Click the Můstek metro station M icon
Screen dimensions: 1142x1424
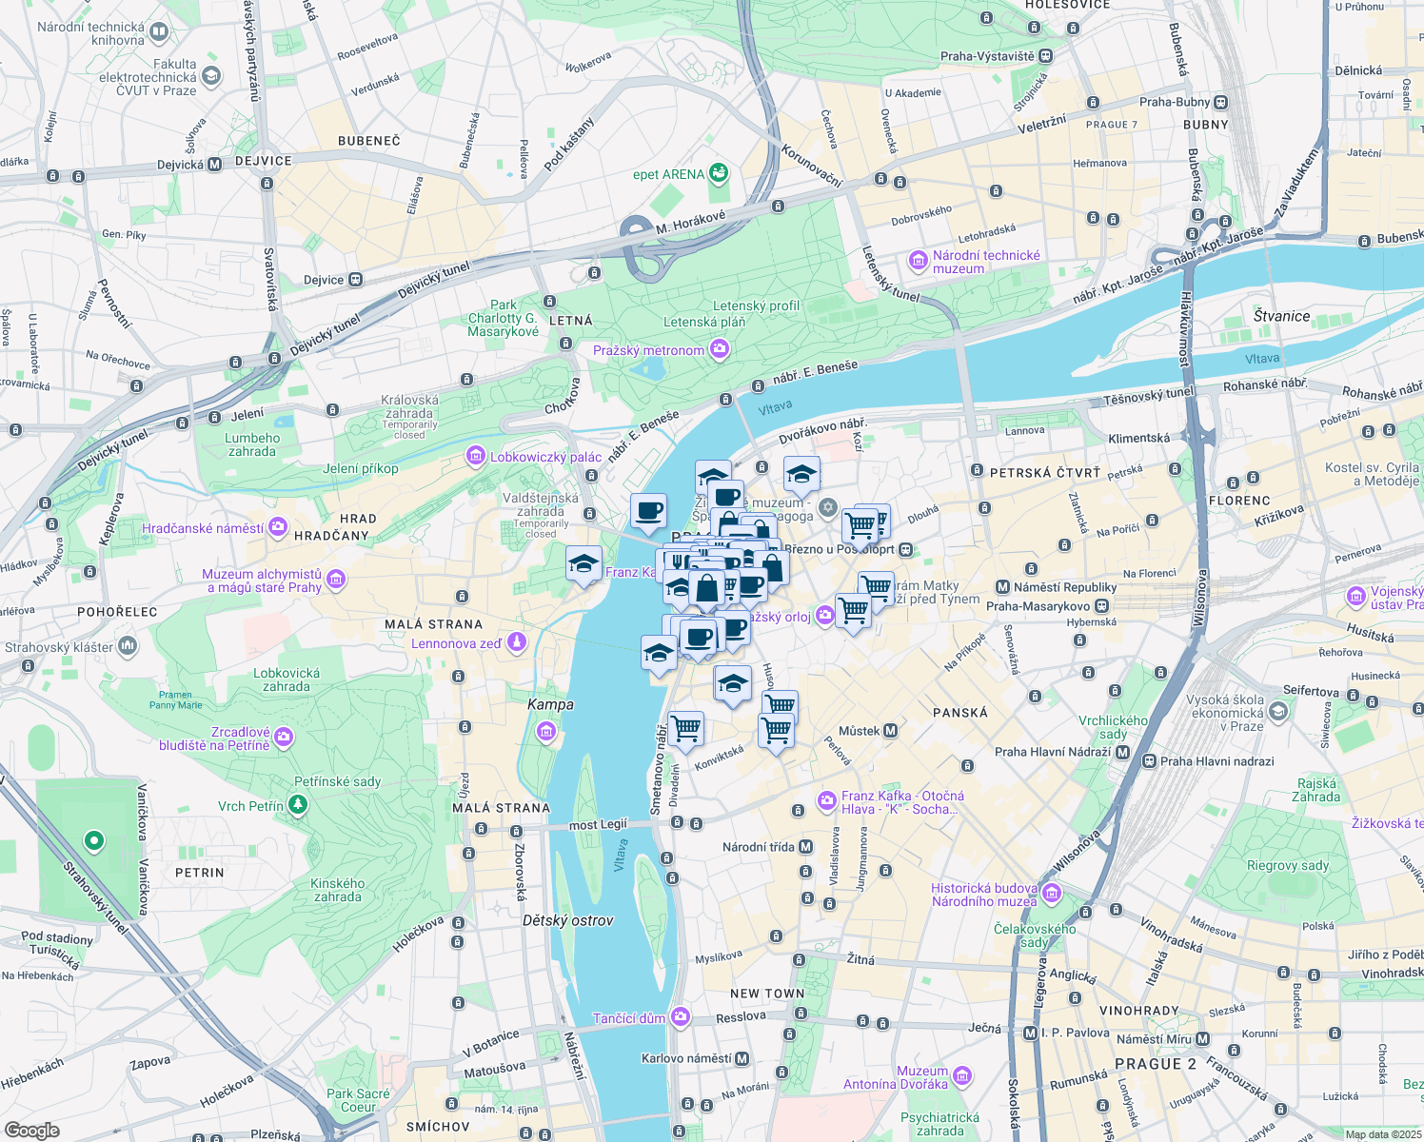891,731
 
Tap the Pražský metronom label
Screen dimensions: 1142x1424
648,350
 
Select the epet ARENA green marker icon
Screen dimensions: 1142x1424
719,173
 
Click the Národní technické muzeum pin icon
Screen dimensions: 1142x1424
918,261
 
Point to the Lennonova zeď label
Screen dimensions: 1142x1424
456,643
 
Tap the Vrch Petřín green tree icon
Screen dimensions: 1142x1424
298,806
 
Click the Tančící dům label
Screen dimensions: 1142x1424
628,1018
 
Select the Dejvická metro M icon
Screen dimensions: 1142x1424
215,165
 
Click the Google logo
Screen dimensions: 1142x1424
31,1130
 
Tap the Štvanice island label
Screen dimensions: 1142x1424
1281,316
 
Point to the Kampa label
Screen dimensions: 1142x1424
550,704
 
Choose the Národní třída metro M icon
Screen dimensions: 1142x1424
806,846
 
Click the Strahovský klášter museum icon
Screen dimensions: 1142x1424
128,647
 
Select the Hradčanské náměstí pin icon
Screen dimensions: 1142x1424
278,527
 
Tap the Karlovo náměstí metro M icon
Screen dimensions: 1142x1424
742,1058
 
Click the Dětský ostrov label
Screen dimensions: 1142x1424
567,920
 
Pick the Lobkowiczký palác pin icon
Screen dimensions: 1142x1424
475,457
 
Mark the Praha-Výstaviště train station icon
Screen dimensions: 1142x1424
1045,56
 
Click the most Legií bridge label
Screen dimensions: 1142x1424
598,824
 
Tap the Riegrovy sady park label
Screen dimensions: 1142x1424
1288,865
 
